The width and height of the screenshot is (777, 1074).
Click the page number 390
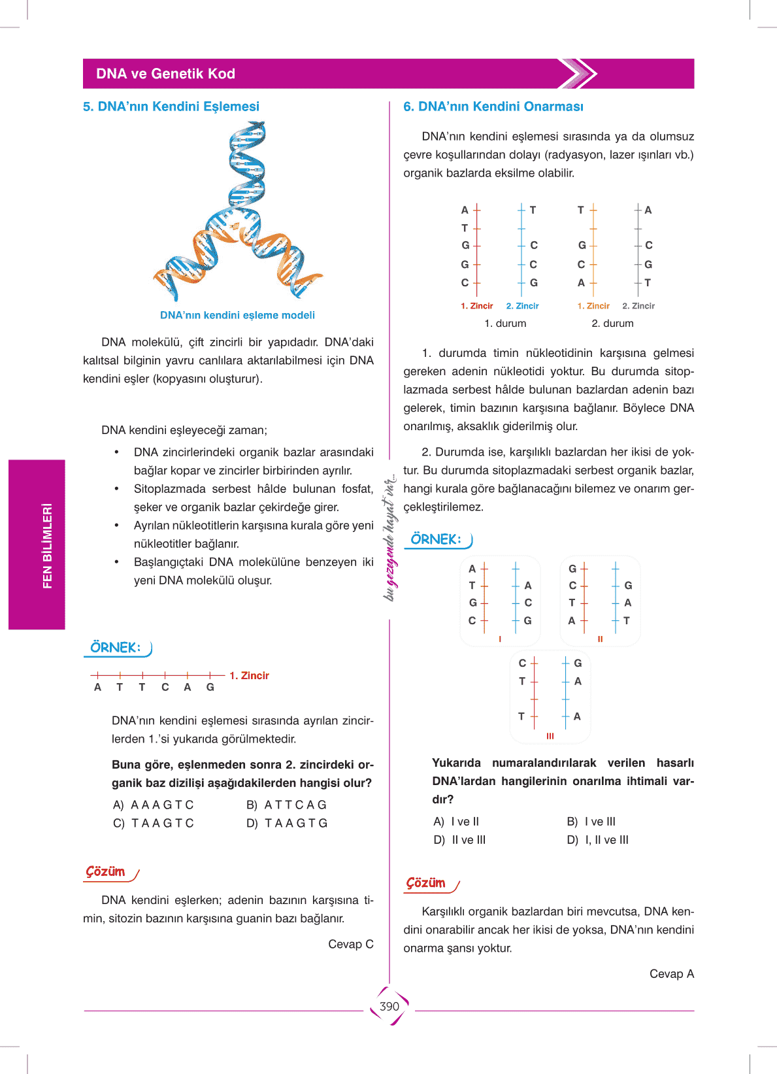point(389,1007)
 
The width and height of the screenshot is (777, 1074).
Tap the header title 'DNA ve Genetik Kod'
point(165,74)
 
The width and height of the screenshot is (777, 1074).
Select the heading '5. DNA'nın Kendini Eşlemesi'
point(171,107)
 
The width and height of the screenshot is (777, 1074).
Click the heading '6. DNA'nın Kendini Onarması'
point(493,107)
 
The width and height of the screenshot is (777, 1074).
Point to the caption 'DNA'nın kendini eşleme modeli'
point(237,315)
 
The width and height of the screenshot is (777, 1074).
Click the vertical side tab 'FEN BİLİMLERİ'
point(46,545)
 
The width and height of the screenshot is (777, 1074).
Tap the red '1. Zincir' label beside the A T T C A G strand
point(249,676)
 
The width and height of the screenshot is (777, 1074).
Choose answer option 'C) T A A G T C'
point(154,823)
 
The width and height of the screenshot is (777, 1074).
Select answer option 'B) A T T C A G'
point(287,805)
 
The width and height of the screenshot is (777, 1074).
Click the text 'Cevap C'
point(351,944)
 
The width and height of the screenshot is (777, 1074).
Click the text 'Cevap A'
point(672,974)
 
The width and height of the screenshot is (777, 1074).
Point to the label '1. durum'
point(505,324)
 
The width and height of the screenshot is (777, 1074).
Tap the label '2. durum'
point(612,324)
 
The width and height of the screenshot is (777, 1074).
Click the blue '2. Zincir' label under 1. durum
point(522,306)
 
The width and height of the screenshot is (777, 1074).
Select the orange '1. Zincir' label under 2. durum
point(593,306)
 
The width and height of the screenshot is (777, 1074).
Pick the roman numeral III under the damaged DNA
point(550,736)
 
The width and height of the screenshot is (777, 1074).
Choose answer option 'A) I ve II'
point(457,822)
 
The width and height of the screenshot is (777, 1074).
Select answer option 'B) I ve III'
point(591,822)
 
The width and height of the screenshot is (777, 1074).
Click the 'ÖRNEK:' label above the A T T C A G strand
point(116,648)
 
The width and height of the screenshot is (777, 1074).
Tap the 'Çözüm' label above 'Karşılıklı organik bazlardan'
point(426,883)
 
